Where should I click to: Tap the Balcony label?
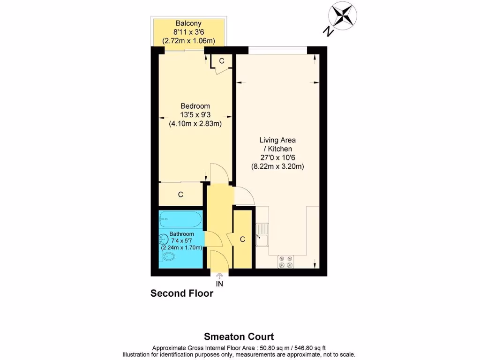pyautogui.click(x=188, y=23)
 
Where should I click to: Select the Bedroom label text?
pyautogui.click(x=195, y=106)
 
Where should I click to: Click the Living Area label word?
pyautogui.click(x=277, y=140)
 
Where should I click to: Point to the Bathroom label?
pyautogui.click(x=182, y=234)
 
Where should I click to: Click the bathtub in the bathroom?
pyautogui.click(x=181, y=218)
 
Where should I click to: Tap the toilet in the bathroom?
pyautogui.click(x=168, y=256)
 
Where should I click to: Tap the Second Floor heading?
pyautogui.click(x=182, y=294)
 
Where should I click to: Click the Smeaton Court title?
pyautogui.click(x=239, y=337)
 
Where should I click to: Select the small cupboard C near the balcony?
pyautogui.click(x=222, y=61)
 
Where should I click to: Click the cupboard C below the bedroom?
pyautogui.click(x=180, y=195)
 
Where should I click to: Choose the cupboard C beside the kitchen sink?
pyautogui.click(x=242, y=240)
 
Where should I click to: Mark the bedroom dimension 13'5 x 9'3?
pyautogui.click(x=195, y=115)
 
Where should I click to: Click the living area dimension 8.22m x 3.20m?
pyautogui.click(x=277, y=166)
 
